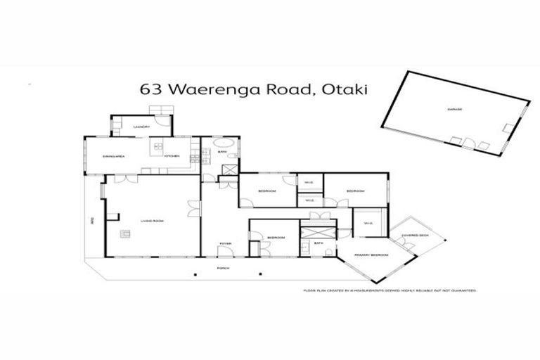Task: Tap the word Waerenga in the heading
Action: pyautogui.click(x=207, y=89)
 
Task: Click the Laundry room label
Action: pyautogui.click(x=141, y=127)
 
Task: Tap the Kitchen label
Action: pyautogui.click(x=172, y=155)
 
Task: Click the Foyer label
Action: pyautogui.click(x=224, y=243)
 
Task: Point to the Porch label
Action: pyautogui.click(x=224, y=269)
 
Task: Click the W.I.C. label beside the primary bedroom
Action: pyautogui.click(x=368, y=224)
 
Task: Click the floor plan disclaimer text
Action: pyautogui.click(x=390, y=290)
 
